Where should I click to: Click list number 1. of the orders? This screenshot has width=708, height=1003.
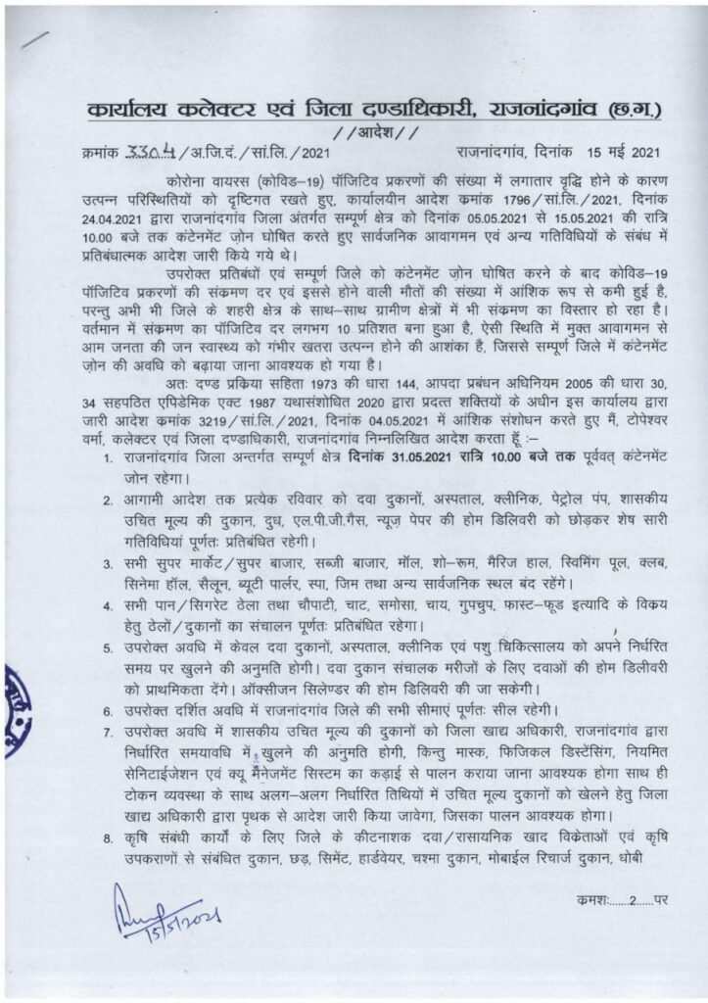pos(108,457)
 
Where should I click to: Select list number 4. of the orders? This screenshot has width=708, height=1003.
pos(108,607)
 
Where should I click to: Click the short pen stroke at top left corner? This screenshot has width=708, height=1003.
pos(34,39)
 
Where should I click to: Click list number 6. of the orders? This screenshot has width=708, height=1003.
pos(108,707)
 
